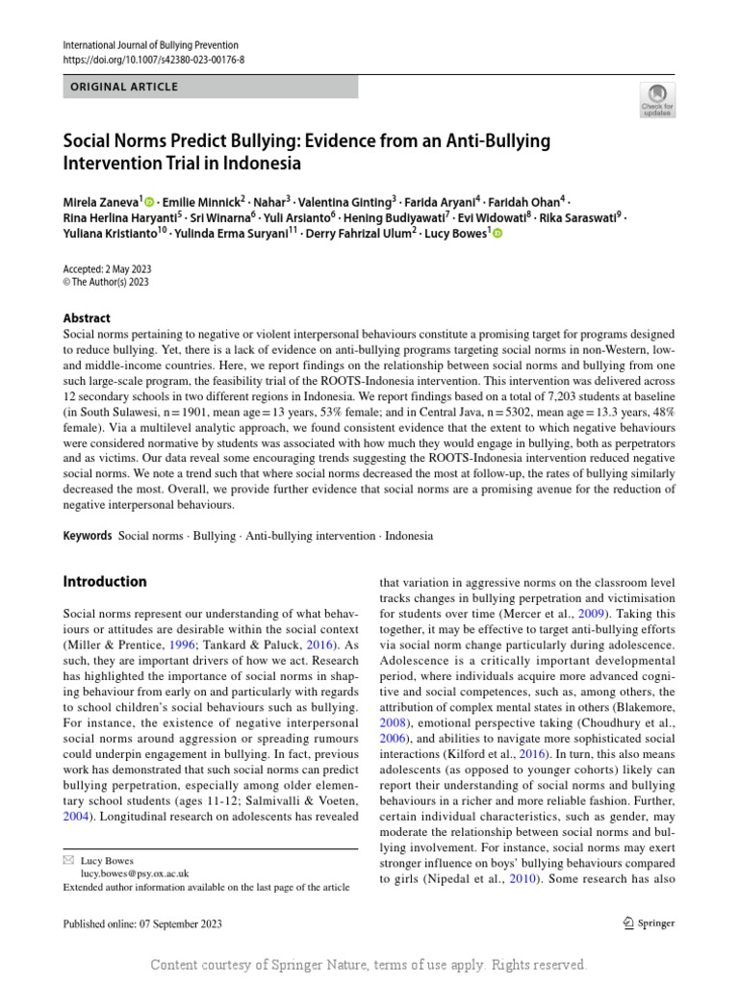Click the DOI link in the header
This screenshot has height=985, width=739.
154,60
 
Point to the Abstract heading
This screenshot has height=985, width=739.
87,318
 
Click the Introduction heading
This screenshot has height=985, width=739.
105,582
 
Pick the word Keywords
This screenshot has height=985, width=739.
88,536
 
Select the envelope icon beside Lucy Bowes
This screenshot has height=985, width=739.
67,860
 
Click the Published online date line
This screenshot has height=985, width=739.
142,924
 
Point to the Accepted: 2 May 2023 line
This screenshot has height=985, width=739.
107,269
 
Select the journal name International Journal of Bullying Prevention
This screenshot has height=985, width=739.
150,45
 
